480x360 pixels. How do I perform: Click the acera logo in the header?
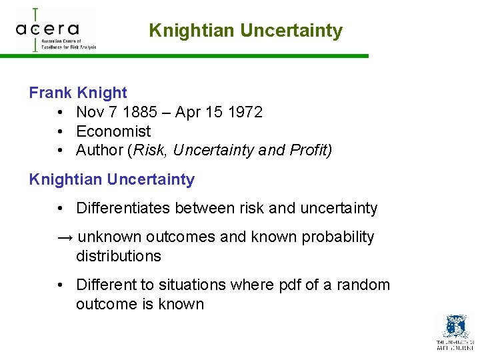tap(56, 29)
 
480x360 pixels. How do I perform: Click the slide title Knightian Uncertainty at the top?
tap(245, 31)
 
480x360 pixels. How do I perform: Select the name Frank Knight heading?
tap(78, 93)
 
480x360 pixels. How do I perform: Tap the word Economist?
tap(113, 131)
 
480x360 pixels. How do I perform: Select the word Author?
tap(98, 151)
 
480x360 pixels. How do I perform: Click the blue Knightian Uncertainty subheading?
tap(112, 179)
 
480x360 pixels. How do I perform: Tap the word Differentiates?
tap(123, 208)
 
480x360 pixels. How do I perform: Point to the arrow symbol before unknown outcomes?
tap(66, 237)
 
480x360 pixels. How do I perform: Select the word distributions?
tap(119, 256)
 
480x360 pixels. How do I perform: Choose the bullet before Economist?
tap(61, 131)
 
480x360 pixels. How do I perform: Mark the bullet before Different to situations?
tap(61, 285)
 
